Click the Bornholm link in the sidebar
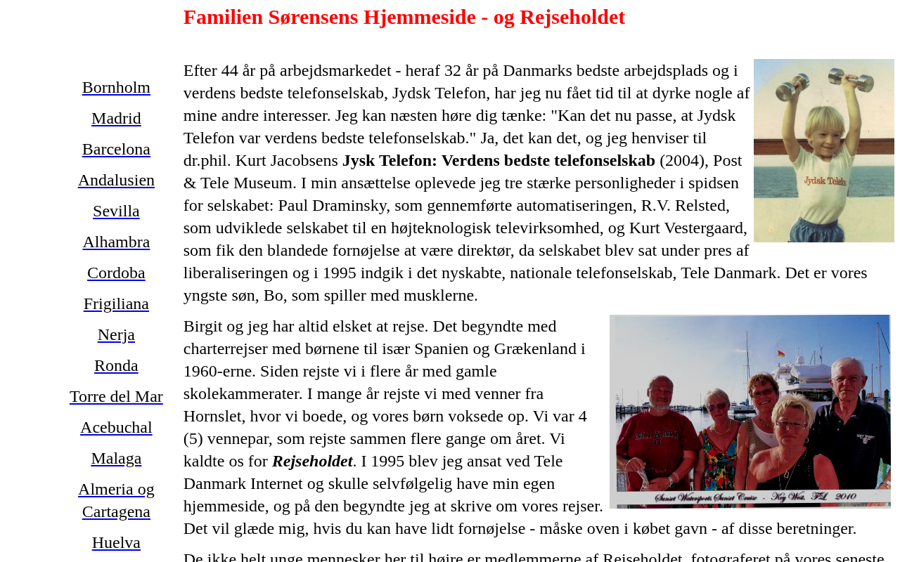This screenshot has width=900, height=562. tap(116, 88)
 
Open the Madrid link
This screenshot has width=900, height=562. tap(116, 119)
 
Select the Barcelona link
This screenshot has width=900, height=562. tap(116, 150)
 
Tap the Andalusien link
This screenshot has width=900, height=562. tap(116, 181)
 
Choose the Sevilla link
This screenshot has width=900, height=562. tap(116, 211)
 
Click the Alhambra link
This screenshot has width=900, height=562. tap(116, 242)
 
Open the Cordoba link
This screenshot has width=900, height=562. tap(116, 273)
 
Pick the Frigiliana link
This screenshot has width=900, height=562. tap(116, 304)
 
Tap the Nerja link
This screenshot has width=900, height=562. tap(116, 335)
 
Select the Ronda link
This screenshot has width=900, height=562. tap(116, 366)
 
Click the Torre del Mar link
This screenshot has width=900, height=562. tap(116, 397)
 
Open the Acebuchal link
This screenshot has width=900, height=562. tap(116, 428)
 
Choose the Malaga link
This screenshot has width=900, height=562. tap(116, 459)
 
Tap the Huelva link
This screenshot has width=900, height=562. tap(116, 543)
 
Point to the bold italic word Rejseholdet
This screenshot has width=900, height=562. tap(312, 462)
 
